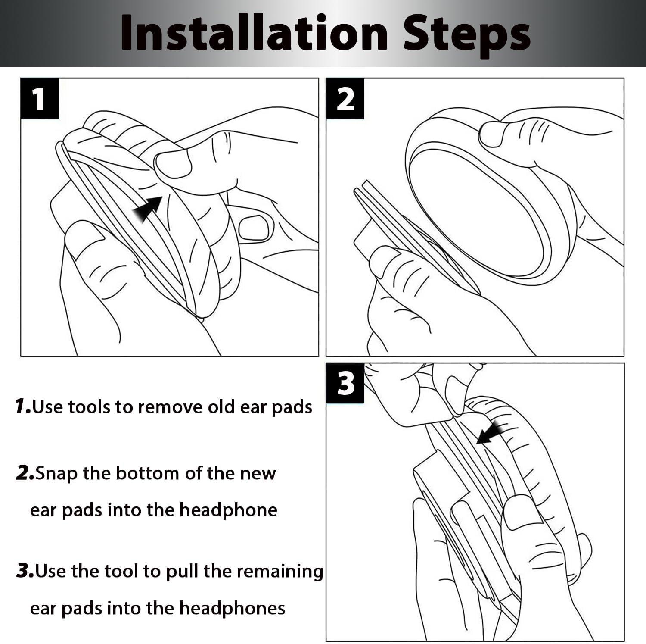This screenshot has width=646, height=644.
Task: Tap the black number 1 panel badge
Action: click(x=39, y=99)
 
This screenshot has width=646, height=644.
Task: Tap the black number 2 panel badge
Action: click(x=345, y=99)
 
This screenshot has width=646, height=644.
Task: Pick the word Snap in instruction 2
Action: click(x=57, y=474)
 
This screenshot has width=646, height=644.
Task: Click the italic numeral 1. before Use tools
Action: click(x=23, y=406)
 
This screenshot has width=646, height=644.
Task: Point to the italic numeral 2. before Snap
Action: click(x=25, y=473)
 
